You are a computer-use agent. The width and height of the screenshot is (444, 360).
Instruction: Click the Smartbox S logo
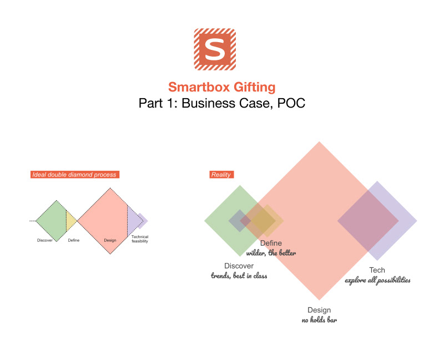pyautogui.click(x=214, y=49)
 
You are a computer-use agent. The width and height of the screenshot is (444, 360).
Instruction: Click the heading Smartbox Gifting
pyautogui.click(x=222, y=87)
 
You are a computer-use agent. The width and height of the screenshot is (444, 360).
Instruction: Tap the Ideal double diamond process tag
pyautogui.click(x=75, y=175)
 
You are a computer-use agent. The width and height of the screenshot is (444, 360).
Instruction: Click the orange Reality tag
pyautogui.click(x=221, y=175)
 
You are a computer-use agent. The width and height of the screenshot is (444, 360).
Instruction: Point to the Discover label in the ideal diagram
pyautogui.click(x=45, y=240)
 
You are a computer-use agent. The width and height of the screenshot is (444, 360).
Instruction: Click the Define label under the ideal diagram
pyautogui.click(x=74, y=240)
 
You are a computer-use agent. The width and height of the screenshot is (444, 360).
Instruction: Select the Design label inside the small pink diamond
pyautogui.click(x=111, y=240)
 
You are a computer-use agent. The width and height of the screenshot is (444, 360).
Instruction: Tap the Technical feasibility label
pyautogui.click(x=139, y=239)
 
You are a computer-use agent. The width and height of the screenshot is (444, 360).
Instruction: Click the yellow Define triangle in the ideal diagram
pyautogui.click(x=70, y=221)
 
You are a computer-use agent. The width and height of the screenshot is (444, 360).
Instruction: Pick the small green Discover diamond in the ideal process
pyautogui.click(x=53, y=220)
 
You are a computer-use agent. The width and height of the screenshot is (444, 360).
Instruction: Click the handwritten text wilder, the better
pyautogui.click(x=271, y=253)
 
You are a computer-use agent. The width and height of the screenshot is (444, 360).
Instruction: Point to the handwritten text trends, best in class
pyautogui.click(x=239, y=275)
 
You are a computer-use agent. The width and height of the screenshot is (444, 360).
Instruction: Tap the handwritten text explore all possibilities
pyautogui.click(x=377, y=280)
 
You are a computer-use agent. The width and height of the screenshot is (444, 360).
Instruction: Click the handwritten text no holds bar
pyautogui.click(x=319, y=320)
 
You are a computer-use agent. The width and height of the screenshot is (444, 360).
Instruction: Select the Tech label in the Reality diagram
pyautogui.click(x=377, y=270)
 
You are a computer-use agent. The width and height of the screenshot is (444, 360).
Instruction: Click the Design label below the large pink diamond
pyautogui.click(x=319, y=310)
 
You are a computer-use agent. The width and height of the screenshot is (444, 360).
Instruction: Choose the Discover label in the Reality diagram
pyautogui.click(x=239, y=266)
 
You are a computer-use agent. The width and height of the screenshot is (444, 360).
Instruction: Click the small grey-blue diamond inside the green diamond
pyautogui.click(x=238, y=221)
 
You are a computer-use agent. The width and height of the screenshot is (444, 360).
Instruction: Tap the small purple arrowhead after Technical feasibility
pyautogui.click(x=144, y=221)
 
